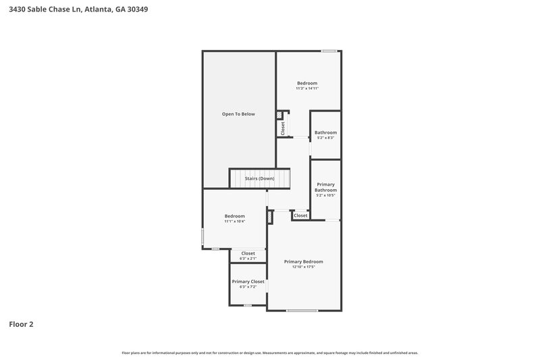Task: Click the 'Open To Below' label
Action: coord(238,114)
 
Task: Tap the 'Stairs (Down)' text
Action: coord(259,178)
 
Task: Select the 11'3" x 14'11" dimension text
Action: coord(306,88)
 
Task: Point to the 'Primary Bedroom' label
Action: coord(303,261)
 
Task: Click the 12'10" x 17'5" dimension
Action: coord(303,267)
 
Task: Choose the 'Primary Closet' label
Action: coord(248,281)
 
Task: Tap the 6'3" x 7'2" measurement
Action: coord(248,286)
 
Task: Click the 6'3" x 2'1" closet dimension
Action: coord(248,259)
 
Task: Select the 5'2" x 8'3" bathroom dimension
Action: coord(325,138)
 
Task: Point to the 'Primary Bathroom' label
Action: coord(325,187)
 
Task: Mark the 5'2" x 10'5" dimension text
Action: coord(325,196)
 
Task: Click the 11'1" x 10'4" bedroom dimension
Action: coord(234,222)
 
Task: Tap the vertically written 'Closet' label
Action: coord(283,127)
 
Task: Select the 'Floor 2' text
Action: coord(21,324)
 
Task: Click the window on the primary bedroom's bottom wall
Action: coord(302,311)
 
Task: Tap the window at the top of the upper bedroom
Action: coord(329,51)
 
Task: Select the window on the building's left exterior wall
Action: coord(202,237)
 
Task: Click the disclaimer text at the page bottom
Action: coord(269,353)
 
